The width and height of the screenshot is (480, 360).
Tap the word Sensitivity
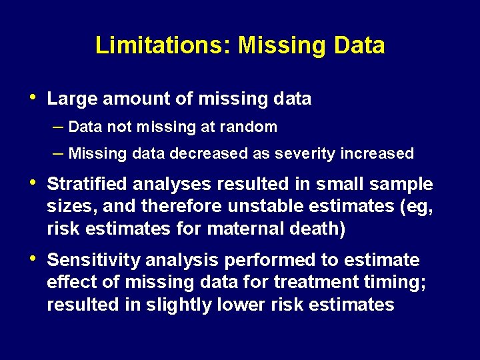93,260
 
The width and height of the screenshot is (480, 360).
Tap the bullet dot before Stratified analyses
34,183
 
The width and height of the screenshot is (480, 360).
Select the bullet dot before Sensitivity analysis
34,259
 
